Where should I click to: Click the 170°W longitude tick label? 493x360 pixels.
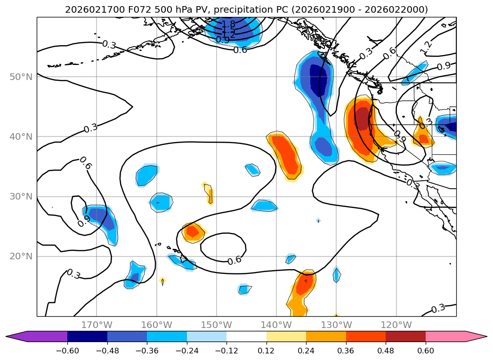click(97, 325)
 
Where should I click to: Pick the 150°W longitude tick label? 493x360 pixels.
click(217, 325)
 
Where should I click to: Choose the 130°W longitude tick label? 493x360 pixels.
click(336, 325)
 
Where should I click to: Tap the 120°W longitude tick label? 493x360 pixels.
click(396, 325)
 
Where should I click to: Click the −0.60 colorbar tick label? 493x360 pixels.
click(67, 351)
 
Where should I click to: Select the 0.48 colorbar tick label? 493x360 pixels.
click(386, 351)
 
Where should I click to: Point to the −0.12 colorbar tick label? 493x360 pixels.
click(226, 351)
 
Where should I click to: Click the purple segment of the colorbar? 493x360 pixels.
click(42, 336)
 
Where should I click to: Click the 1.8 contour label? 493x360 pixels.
click(229, 24)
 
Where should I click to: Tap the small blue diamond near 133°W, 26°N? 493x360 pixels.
click(318, 220)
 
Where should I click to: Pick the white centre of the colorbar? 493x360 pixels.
click(246, 336)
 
